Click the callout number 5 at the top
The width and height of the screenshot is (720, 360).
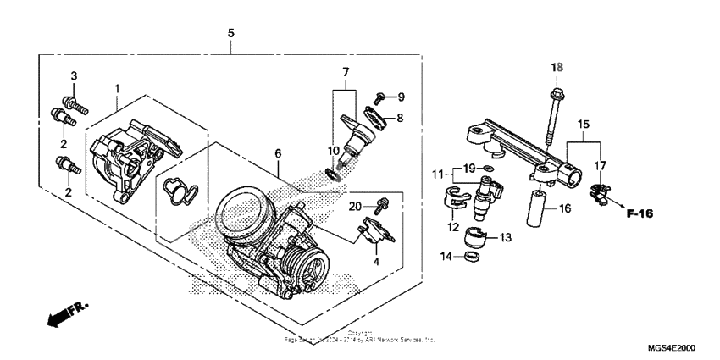(x=230, y=33)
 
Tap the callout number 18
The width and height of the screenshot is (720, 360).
(x=557, y=67)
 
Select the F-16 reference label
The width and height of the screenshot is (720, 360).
(x=641, y=213)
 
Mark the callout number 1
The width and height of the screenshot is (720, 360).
(x=117, y=88)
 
